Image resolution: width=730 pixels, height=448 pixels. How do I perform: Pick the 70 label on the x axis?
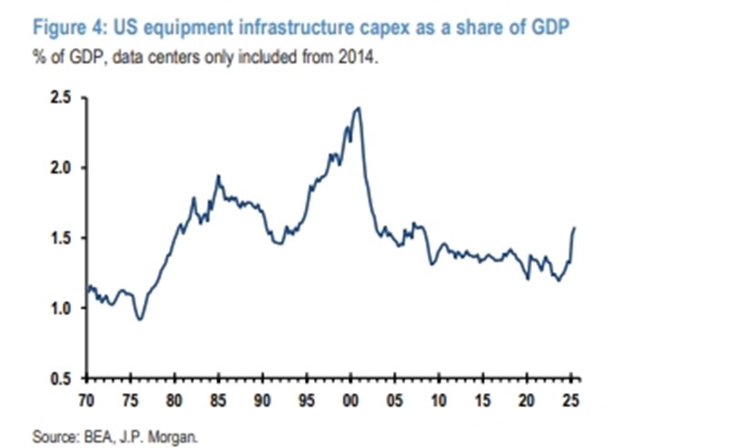[86, 399]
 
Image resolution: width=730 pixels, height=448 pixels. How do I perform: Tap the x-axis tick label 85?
[219, 399]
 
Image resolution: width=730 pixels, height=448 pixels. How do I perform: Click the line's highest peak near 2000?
[358, 108]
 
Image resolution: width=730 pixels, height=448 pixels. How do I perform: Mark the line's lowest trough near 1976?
[139, 319]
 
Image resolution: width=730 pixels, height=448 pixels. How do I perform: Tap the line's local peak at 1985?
[218, 175]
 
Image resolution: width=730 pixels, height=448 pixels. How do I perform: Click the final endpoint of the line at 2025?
[575, 227]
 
